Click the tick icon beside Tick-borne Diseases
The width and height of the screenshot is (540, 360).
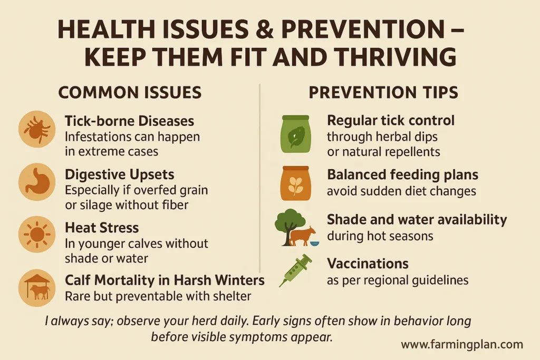(37, 129)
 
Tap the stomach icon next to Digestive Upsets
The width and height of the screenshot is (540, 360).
(37, 181)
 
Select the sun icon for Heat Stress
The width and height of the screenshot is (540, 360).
(37, 235)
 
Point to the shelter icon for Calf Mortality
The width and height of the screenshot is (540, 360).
(37, 288)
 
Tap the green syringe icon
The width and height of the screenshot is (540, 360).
(295, 270)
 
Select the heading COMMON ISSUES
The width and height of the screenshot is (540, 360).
(130, 93)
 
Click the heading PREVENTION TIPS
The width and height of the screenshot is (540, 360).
(383, 93)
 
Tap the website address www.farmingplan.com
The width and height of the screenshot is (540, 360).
(462, 345)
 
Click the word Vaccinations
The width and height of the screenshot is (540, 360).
(368, 263)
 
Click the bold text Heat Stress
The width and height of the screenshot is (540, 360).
(102, 228)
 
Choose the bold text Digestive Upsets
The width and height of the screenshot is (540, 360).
(119, 174)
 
